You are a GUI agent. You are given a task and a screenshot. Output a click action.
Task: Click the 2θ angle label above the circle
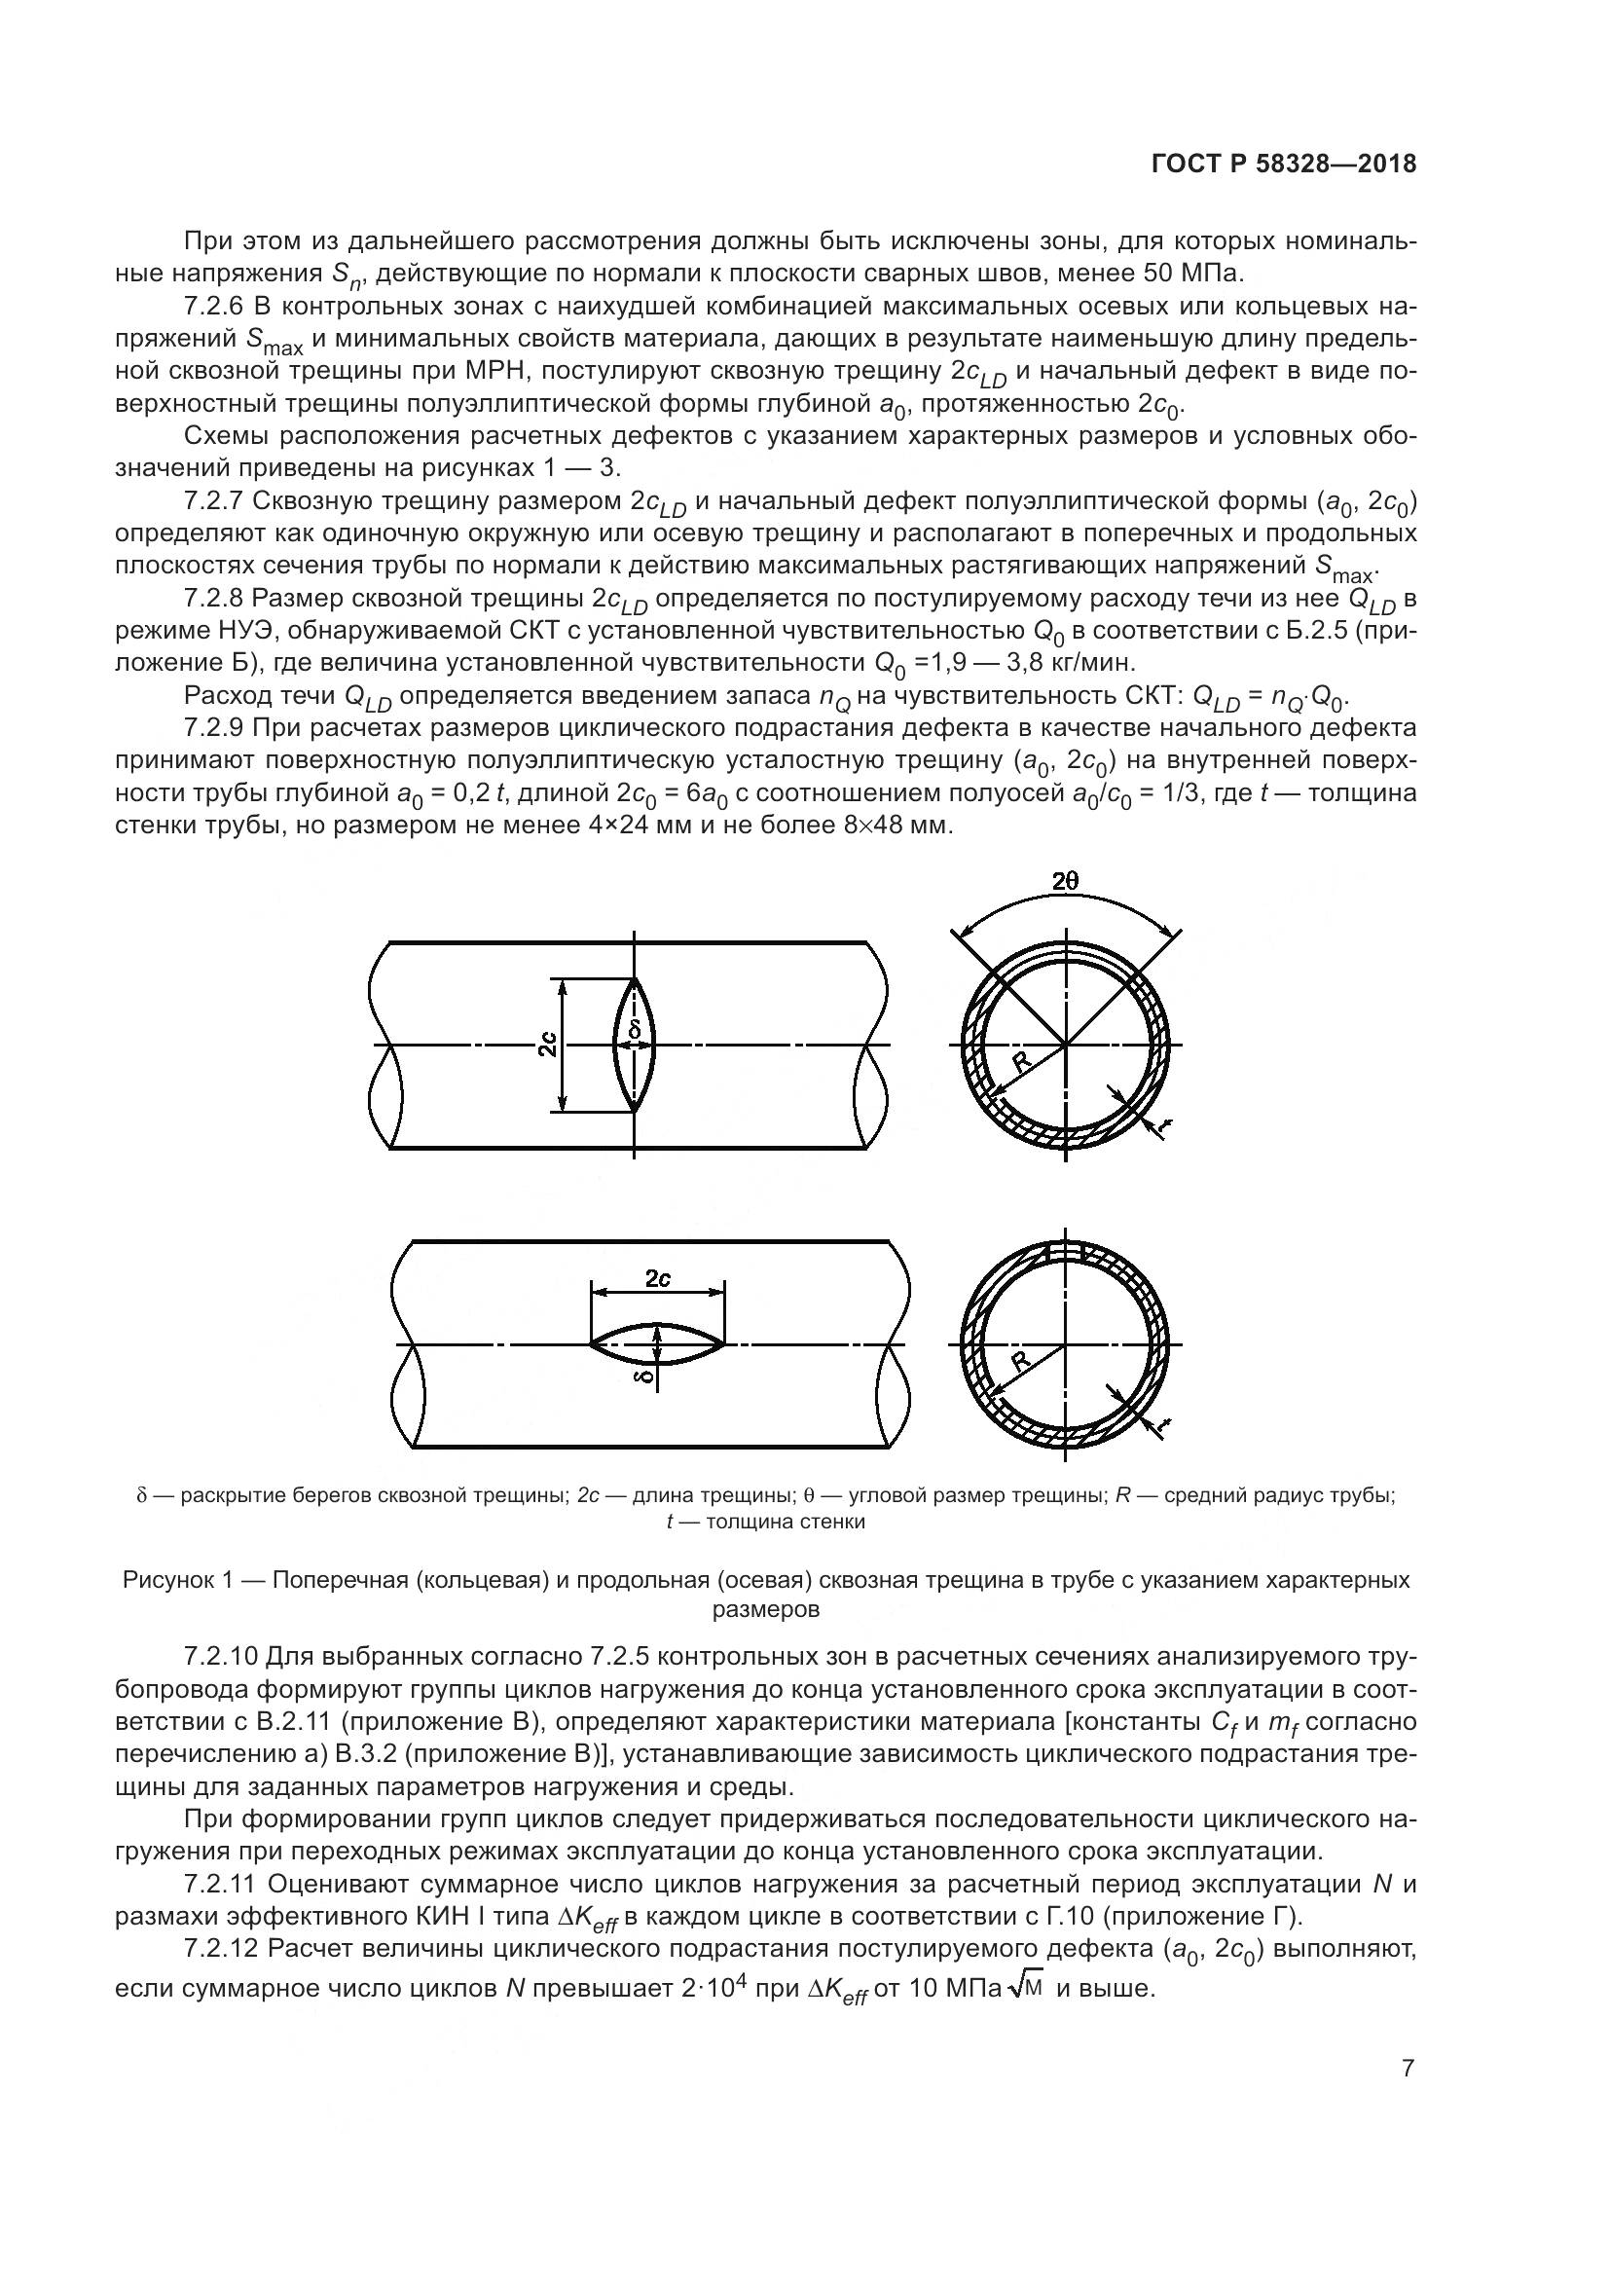click(x=1066, y=881)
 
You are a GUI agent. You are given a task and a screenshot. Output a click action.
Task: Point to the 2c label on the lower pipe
click(x=657, y=1279)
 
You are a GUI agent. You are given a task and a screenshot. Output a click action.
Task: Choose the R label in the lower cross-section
click(x=1020, y=1361)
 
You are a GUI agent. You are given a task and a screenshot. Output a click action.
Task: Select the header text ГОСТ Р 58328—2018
click(x=1284, y=165)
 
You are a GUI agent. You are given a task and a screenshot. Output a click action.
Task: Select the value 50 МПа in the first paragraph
click(x=1189, y=273)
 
